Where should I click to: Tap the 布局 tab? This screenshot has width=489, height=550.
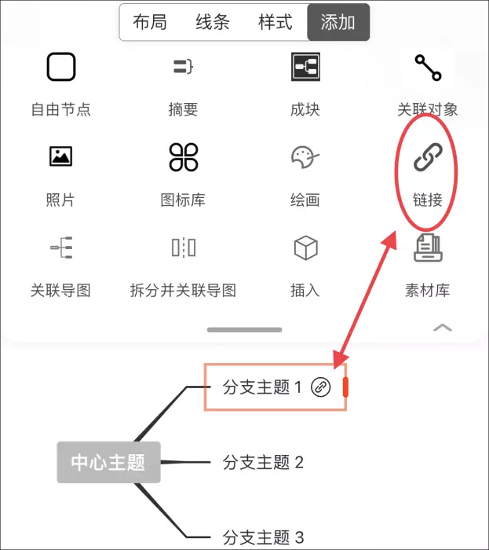click(x=150, y=23)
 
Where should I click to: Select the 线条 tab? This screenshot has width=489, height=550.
click(x=212, y=23)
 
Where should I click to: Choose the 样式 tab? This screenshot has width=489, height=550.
click(x=275, y=23)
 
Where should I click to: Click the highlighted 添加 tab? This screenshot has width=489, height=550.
click(x=338, y=23)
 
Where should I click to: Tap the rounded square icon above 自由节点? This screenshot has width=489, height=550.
click(x=61, y=67)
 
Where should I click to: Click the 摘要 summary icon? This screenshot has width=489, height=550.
click(x=183, y=67)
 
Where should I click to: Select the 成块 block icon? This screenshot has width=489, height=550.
click(x=305, y=67)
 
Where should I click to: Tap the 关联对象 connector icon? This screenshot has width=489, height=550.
click(x=428, y=68)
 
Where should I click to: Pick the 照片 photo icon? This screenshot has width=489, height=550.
click(x=60, y=156)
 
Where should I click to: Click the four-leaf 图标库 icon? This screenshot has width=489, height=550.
click(x=184, y=157)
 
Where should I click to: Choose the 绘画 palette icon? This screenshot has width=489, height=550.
click(x=305, y=157)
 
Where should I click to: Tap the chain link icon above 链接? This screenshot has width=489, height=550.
click(x=428, y=157)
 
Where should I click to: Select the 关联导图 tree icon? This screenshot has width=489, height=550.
click(x=61, y=247)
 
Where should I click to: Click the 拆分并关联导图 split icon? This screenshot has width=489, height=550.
click(x=184, y=247)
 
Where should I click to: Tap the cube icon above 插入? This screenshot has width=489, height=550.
click(x=305, y=247)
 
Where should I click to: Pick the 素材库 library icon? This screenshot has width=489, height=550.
click(x=428, y=247)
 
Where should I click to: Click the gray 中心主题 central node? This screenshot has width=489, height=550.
click(x=108, y=462)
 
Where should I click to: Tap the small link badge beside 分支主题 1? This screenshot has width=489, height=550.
click(x=320, y=387)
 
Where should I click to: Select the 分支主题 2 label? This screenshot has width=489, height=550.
click(x=263, y=462)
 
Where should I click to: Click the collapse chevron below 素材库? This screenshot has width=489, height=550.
click(x=443, y=328)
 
